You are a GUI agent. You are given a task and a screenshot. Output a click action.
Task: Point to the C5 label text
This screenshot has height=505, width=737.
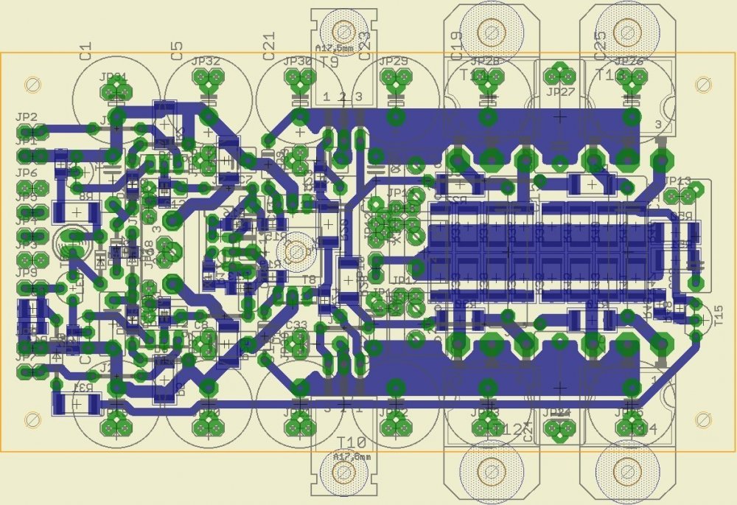click(x=176, y=50)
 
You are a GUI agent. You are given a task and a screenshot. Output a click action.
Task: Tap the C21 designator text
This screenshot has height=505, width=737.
click(x=268, y=46)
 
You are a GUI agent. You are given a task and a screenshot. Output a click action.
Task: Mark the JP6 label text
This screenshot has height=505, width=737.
click(x=26, y=173)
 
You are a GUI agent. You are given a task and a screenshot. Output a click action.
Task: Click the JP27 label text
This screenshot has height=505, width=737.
click(x=561, y=92)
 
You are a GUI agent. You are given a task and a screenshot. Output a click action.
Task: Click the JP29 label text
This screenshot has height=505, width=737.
click(x=393, y=62)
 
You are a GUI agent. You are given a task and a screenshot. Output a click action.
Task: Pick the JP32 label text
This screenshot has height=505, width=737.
click(x=206, y=62)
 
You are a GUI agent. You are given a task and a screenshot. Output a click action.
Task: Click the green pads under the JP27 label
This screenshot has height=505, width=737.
click(x=561, y=74)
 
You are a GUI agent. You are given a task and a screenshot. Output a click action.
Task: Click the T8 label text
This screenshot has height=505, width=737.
click(x=310, y=279)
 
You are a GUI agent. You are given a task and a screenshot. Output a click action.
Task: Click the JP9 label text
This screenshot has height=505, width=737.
click(x=26, y=273)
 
